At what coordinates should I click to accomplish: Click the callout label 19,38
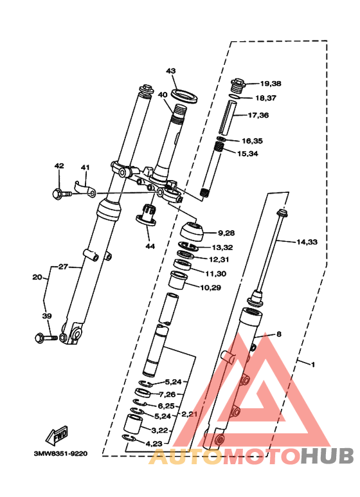click(x=271, y=84)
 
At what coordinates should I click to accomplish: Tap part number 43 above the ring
click(x=171, y=71)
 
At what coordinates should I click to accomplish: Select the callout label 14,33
click(x=307, y=242)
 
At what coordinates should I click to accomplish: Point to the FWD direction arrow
click(x=57, y=435)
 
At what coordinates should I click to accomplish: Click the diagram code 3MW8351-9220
click(x=60, y=453)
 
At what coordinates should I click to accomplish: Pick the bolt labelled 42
click(x=62, y=194)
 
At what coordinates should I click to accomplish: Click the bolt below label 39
click(x=46, y=338)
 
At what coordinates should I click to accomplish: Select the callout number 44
click(x=150, y=246)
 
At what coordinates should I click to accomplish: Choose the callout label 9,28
click(x=226, y=233)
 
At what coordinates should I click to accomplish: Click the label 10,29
click(x=210, y=288)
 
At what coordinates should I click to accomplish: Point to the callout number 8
click(x=279, y=334)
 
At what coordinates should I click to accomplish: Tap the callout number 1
click(x=313, y=365)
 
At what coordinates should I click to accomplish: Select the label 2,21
click(x=189, y=414)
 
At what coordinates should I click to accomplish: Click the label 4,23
click(x=154, y=444)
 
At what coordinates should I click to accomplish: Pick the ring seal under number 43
click(x=184, y=96)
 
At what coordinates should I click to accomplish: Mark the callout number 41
click(x=85, y=167)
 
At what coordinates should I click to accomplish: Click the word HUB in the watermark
click(x=327, y=456)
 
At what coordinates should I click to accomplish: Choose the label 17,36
click(x=258, y=115)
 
